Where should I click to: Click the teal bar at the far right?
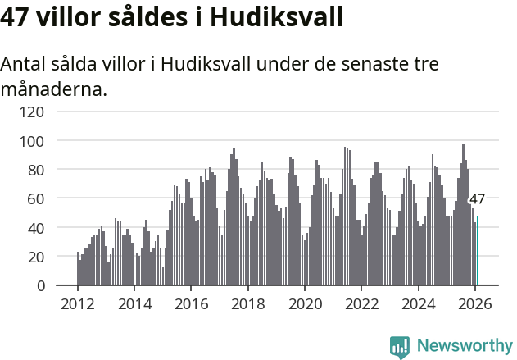pyautogui.click(x=478, y=251)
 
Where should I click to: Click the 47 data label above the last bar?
pyautogui.click(x=477, y=198)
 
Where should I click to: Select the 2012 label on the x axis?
pyautogui.click(x=78, y=303)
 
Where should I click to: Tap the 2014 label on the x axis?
pyautogui.click(x=134, y=303)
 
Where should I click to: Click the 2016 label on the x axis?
pyautogui.click(x=191, y=303)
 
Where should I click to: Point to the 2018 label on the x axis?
pyautogui.click(x=247, y=303)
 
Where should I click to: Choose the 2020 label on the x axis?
pyautogui.click(x=305, y=303)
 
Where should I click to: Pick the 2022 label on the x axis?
pyautogui.click(x=361, y=303)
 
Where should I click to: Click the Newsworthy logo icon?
pyautogui.click(x=400, y=347)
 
